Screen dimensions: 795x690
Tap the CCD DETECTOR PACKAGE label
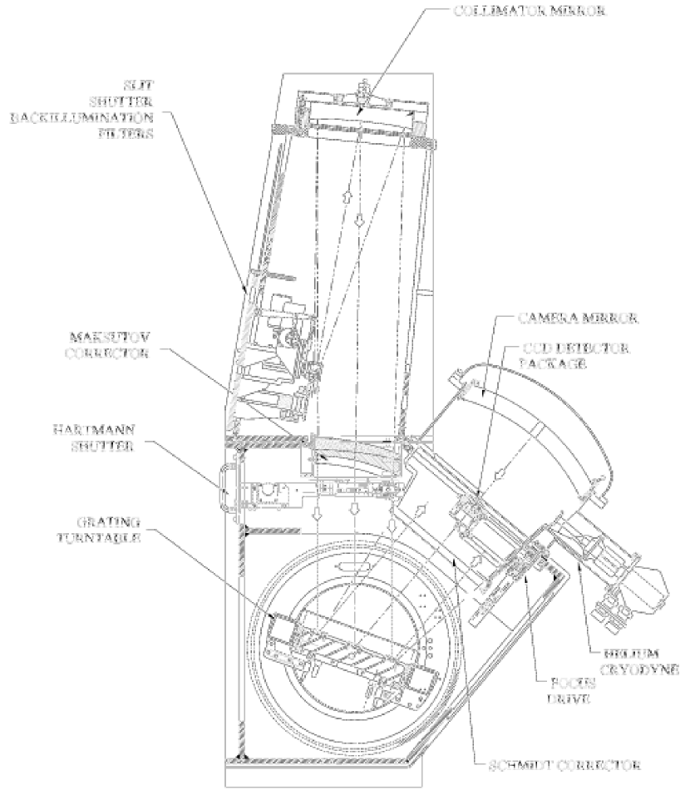574,353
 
